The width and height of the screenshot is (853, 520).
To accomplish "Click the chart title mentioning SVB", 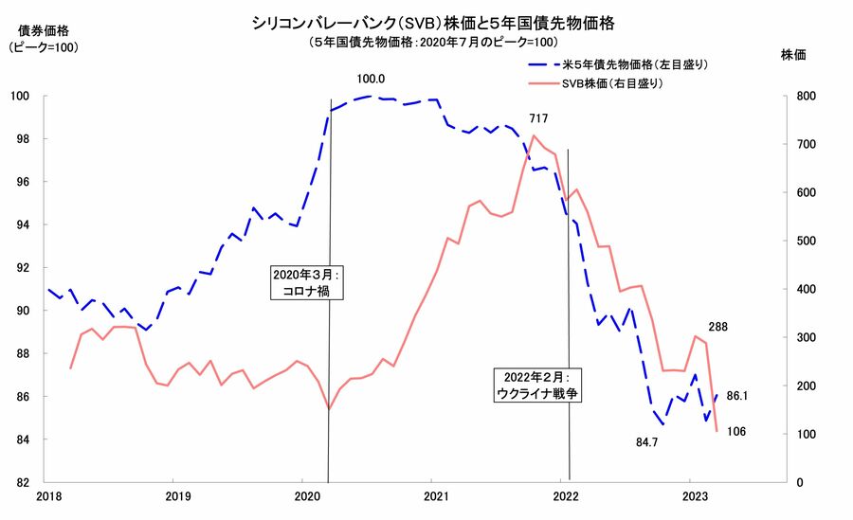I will [426, 22].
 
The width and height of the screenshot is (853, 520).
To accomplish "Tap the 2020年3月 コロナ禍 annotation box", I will [305, 282].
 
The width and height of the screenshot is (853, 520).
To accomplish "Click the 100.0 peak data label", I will [372, 79].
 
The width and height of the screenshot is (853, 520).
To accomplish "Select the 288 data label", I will [717, 327].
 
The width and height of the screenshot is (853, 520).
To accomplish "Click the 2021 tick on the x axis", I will [435, 495].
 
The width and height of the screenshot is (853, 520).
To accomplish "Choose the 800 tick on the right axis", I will [802, 96].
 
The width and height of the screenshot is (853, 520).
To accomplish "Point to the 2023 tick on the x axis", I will [696, 495].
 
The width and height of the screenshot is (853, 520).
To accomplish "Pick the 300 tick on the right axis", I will [802, 337].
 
